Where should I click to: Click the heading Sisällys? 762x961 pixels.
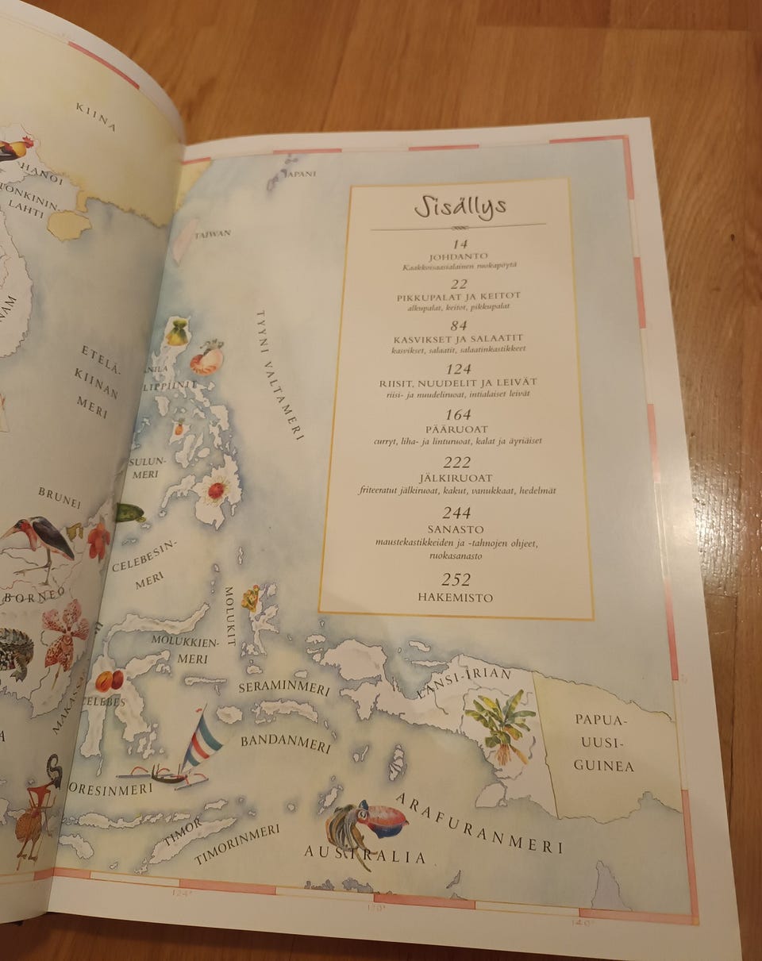pos(460,207)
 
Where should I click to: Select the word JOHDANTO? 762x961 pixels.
pos(460,257)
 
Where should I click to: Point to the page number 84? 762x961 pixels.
pos(459,324)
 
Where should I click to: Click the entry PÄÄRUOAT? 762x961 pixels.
pos(458,428)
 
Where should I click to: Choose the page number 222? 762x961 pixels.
pos(457,463)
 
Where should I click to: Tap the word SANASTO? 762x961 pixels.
pos(456,529)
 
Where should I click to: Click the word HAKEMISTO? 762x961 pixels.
pos(456,598)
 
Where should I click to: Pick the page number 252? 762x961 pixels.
pos(456,580)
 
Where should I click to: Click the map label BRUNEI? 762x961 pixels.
pos(60,498)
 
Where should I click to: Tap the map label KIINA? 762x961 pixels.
pos(96,117)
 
